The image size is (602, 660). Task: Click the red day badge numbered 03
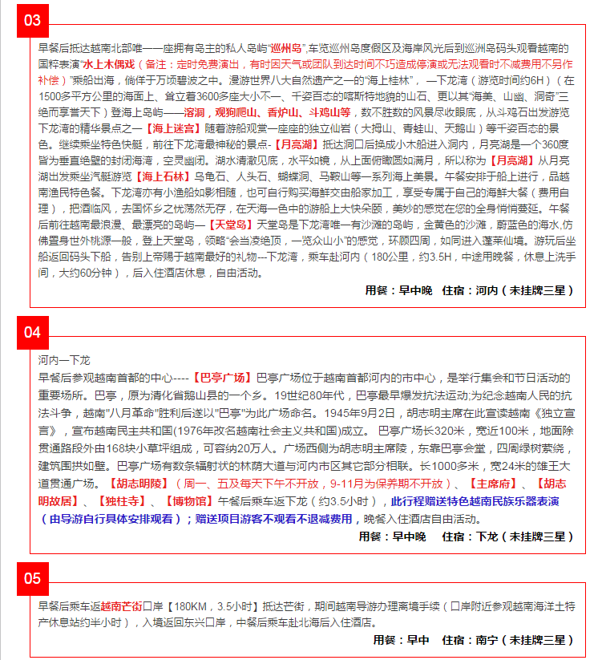pos(32,19)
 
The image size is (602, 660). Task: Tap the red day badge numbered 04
pos(32,332)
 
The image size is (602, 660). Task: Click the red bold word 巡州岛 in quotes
pos(285,47)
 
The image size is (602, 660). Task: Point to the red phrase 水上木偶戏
pos(107,63)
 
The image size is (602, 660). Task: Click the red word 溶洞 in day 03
pos(193,111)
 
